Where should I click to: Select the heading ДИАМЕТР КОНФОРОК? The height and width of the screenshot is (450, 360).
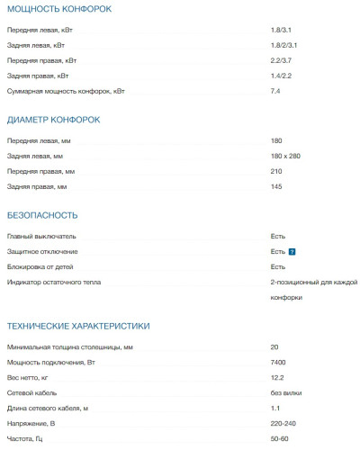53,120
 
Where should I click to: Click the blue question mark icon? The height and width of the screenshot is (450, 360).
292,252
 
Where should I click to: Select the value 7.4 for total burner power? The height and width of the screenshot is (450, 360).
275,91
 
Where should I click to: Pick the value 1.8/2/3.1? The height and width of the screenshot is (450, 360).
283,45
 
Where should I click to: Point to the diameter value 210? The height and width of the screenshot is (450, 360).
275,171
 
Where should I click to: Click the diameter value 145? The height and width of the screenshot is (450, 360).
275,186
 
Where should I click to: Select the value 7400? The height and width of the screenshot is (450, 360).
277,362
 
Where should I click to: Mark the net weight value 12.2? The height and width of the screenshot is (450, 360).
276,377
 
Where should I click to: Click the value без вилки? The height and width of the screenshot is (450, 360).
286,392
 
